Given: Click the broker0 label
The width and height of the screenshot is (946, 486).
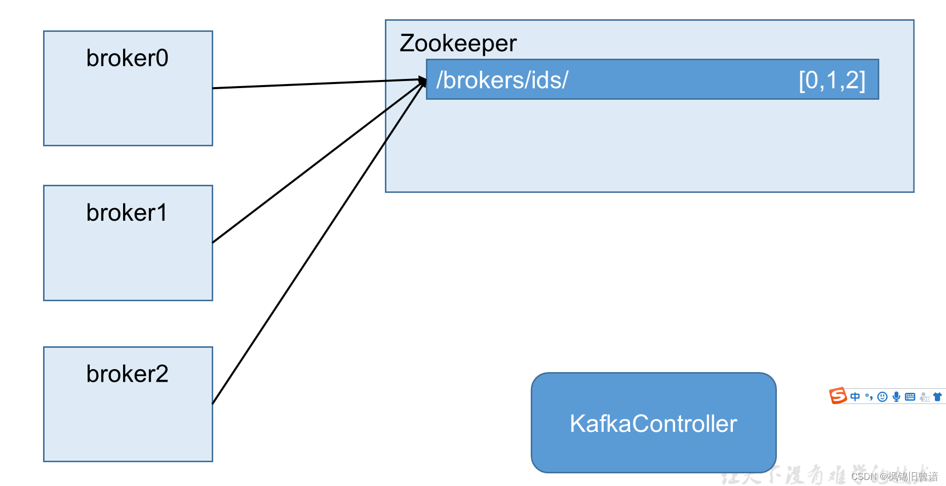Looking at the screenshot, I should click(127, 58).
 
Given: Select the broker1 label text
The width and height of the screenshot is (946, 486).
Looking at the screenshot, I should click(127, 213).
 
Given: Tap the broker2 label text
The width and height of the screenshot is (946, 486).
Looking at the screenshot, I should click(127, 374).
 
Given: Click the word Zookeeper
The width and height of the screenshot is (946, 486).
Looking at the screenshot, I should click(458, 43).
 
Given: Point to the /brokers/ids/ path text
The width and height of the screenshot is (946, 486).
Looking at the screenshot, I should click(502, 80).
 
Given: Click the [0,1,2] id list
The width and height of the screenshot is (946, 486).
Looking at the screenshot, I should click(832, 80).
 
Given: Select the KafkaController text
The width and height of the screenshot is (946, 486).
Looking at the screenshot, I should click(653, 424).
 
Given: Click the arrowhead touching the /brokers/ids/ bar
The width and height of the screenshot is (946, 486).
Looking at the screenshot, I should click(422, 80).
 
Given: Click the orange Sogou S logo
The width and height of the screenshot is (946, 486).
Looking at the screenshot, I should click(838, 396).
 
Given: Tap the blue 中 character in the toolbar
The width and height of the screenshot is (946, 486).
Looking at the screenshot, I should click(855, 396).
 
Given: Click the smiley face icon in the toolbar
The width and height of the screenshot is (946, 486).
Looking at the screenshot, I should click(883, 396).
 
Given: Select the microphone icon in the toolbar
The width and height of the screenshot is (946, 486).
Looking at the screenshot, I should click(896, 396).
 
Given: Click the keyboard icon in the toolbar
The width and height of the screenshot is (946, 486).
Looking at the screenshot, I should click(910, 396).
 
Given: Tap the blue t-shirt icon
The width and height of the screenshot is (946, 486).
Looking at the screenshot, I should click(937, 396).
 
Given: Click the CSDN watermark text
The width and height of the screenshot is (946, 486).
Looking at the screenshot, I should click(894, 476).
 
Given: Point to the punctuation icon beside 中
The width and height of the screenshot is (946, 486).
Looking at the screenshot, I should click(869, 396).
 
